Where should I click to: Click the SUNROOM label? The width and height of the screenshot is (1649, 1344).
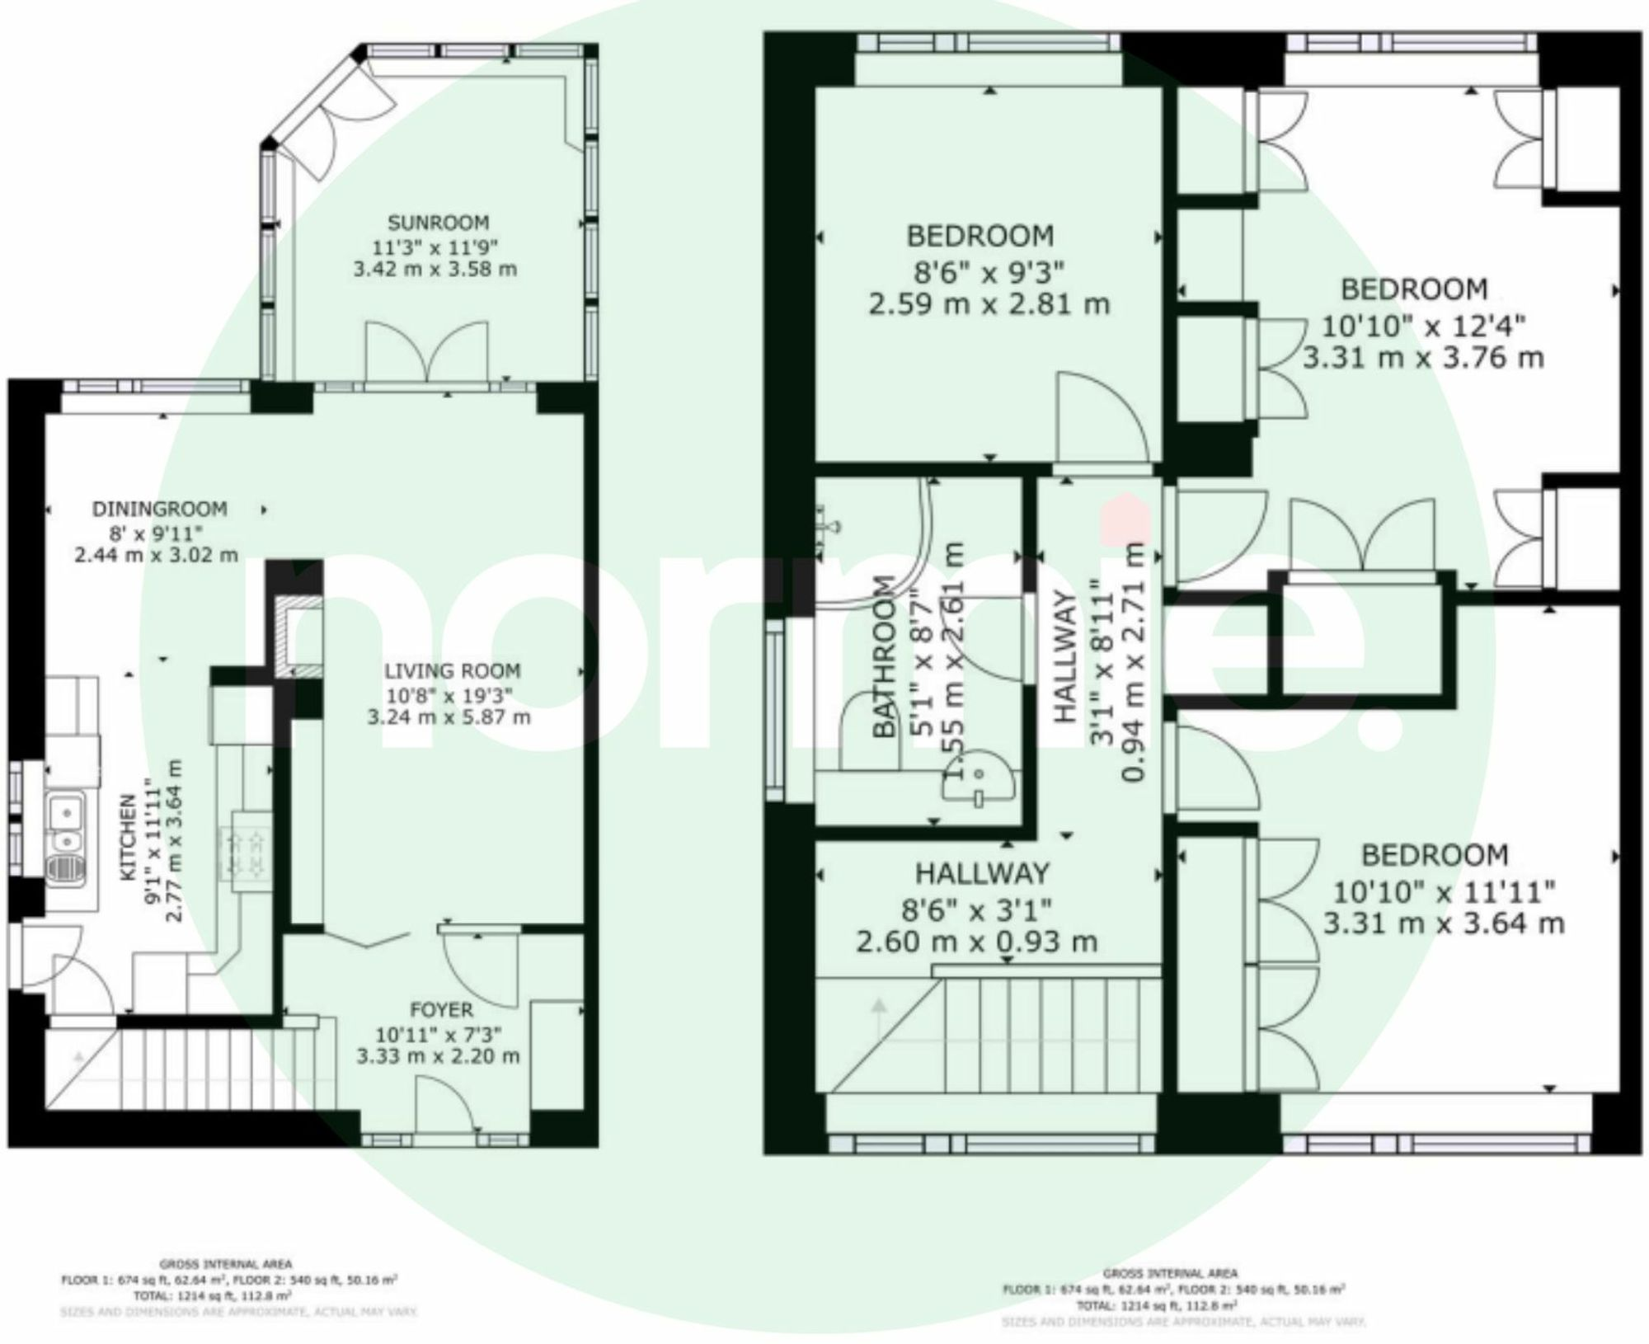click(x=438, y=223)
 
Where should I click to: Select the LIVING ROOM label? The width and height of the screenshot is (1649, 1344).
click(x=452, y=671)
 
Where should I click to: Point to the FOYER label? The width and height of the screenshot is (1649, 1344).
click(x=441, y=1009)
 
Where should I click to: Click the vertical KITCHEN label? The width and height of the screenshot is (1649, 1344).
click(x=129, y=837)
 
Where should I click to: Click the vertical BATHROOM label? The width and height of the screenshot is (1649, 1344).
click(x=884, y=656)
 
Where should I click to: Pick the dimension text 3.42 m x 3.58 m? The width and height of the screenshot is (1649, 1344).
click(x=435, y=270)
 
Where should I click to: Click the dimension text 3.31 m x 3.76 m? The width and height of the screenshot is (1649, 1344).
click(x=1423, y=358)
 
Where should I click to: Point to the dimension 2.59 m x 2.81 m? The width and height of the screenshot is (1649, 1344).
click(x=989, y=304)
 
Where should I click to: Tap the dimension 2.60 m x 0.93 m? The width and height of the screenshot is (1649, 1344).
click(x=977, y=941)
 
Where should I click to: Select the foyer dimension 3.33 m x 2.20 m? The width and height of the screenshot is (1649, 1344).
click(x=438, y=1056)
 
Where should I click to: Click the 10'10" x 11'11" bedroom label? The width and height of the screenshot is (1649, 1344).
click(x=1435, y=855)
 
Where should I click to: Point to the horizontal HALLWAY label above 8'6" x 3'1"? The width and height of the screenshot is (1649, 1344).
click(x=982, y=873)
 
